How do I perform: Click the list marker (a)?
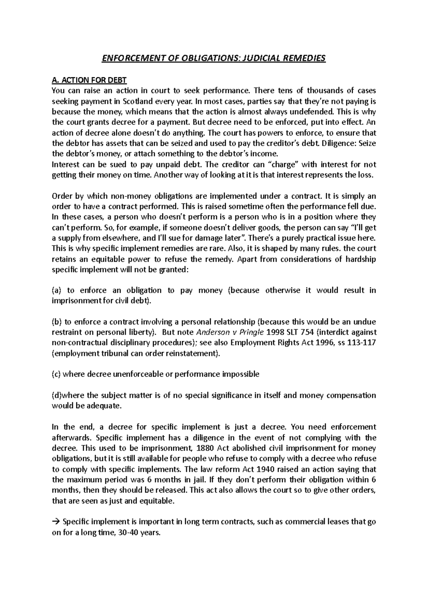57,290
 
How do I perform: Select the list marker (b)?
57,322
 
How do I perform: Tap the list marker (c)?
57,374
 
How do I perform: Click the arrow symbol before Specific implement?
56,522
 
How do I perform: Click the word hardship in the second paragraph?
361,259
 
